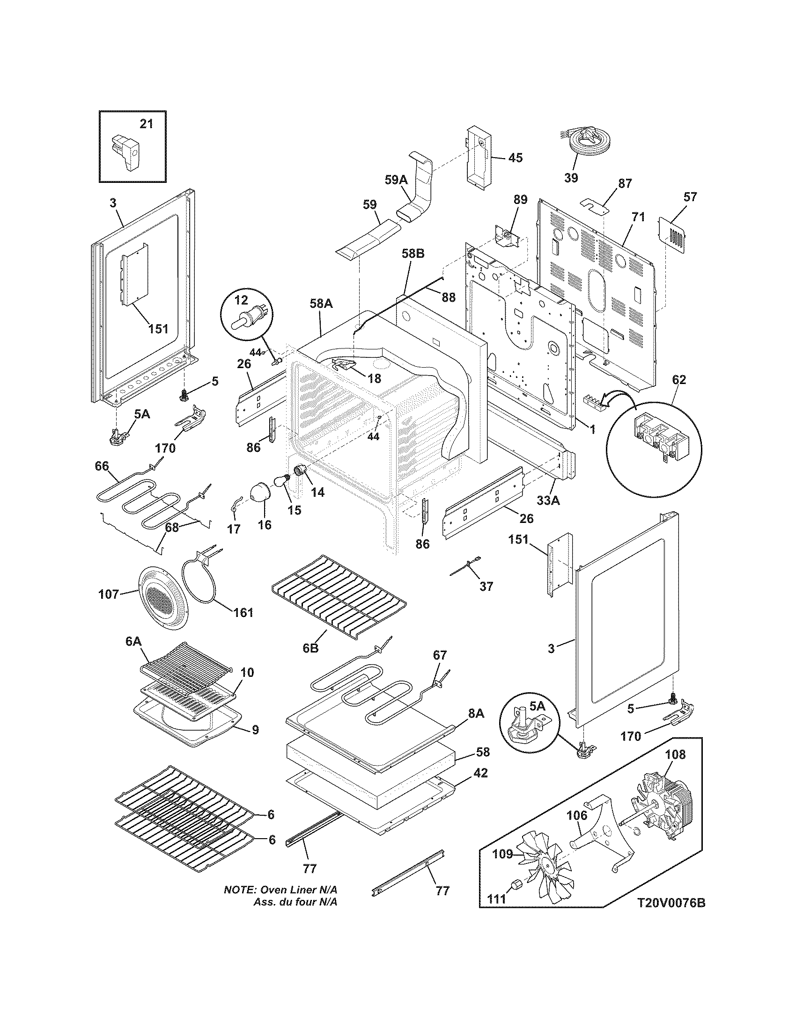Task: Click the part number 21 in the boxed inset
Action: [147, 124]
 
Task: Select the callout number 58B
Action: [413, 254]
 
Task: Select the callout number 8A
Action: [476, 713]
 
